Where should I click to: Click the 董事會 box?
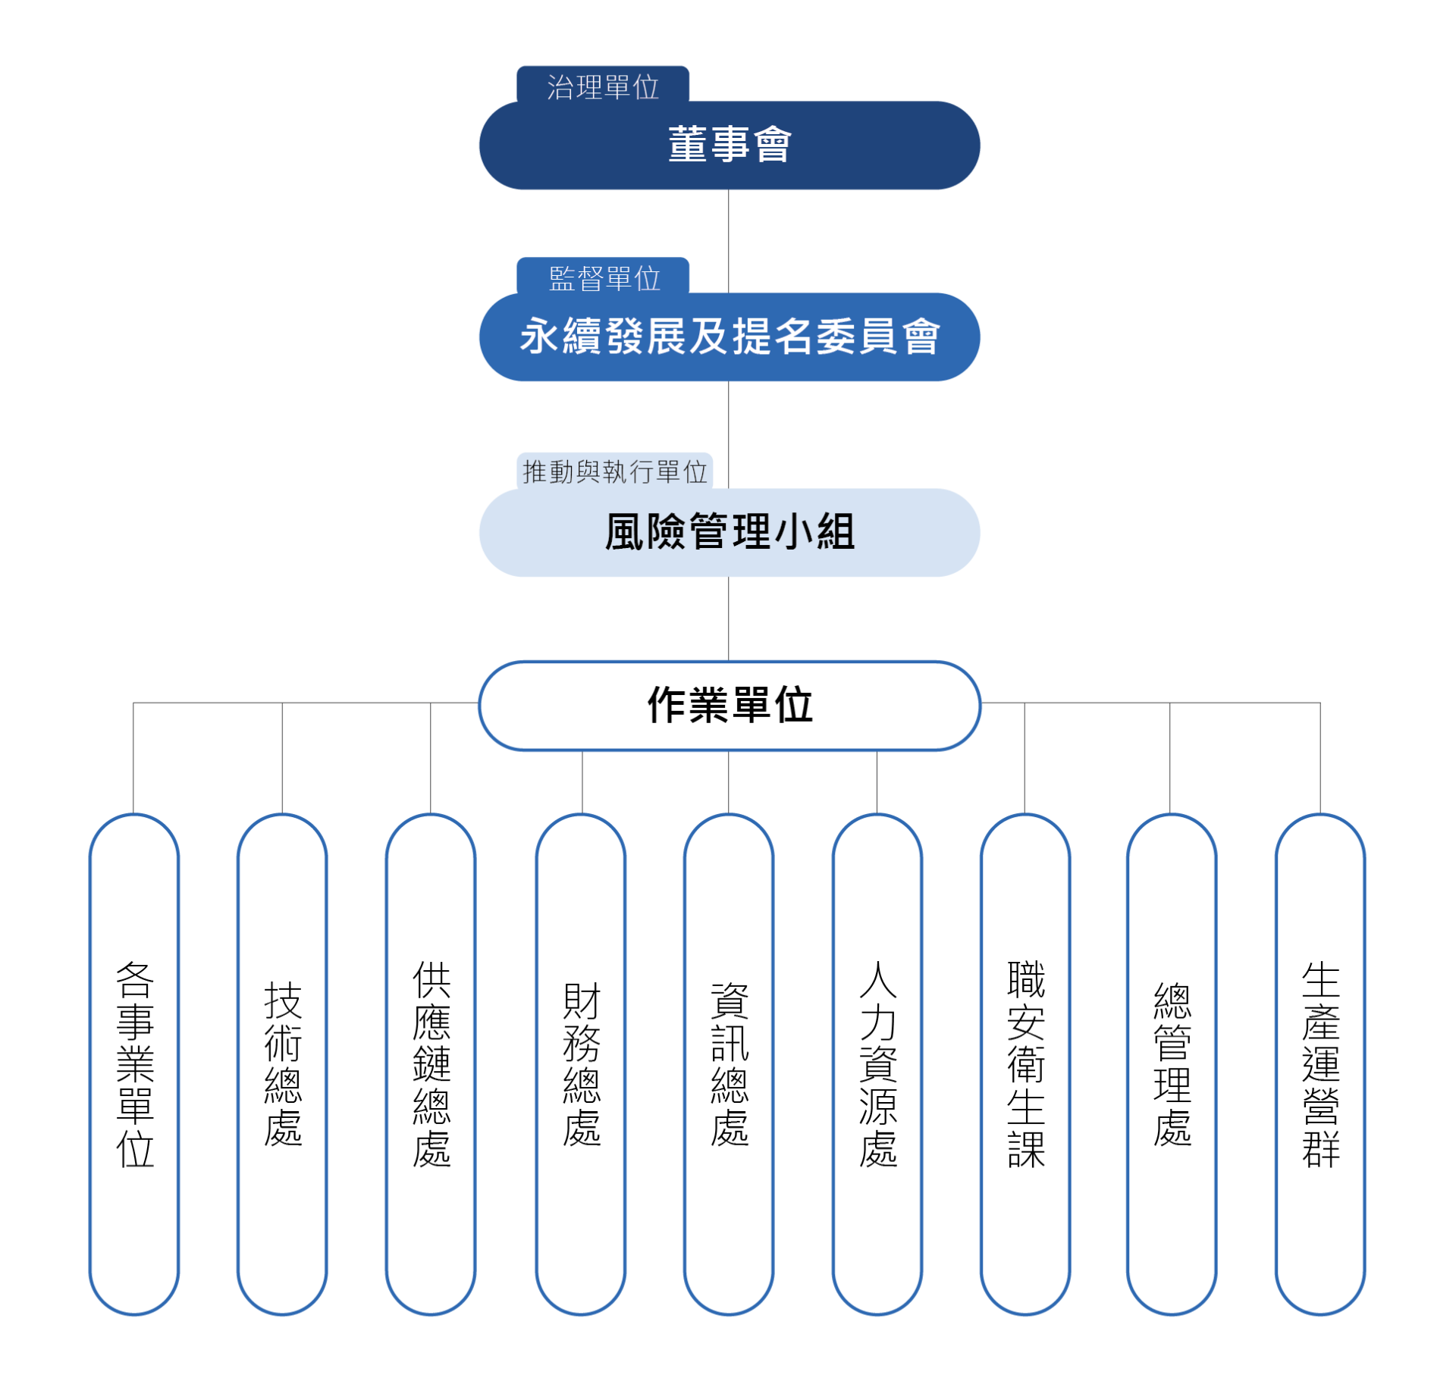729,145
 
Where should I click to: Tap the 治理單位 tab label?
603,85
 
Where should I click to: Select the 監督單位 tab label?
603,277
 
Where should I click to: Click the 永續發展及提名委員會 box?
729,337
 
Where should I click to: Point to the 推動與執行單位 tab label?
614,471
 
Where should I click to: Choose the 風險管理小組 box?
729,532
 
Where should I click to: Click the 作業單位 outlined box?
729,706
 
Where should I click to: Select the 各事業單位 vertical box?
134,1064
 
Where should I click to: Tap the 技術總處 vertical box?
282,1064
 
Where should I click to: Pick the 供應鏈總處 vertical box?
431,1064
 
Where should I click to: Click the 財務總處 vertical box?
581,1064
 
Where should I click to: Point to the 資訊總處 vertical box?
729,1064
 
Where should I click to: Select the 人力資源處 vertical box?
877,1064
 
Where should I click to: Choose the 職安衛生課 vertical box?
1025,1064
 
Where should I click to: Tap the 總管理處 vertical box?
1172,1064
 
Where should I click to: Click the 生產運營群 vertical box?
1320,1064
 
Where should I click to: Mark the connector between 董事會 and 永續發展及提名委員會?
729,241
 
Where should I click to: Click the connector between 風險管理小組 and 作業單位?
729,619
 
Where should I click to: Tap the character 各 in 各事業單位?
135,980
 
